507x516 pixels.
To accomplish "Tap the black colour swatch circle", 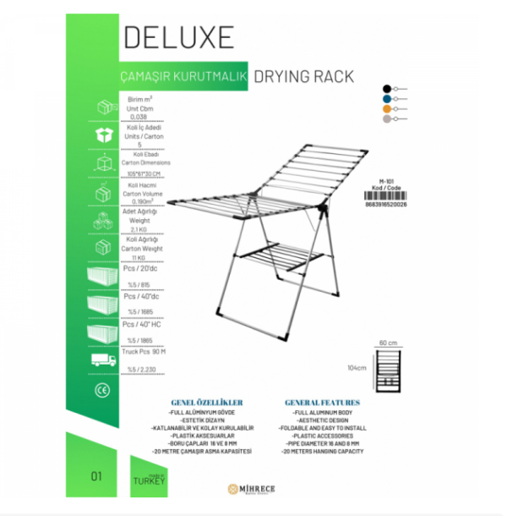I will [x=386, y=88].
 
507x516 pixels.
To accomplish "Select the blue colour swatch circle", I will [x=386, y=98].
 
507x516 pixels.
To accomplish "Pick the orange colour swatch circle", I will [x=386, y=109].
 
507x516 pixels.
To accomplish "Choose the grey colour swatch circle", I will [x=386, y=120].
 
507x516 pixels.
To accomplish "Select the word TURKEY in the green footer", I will [x=149, y=479].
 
